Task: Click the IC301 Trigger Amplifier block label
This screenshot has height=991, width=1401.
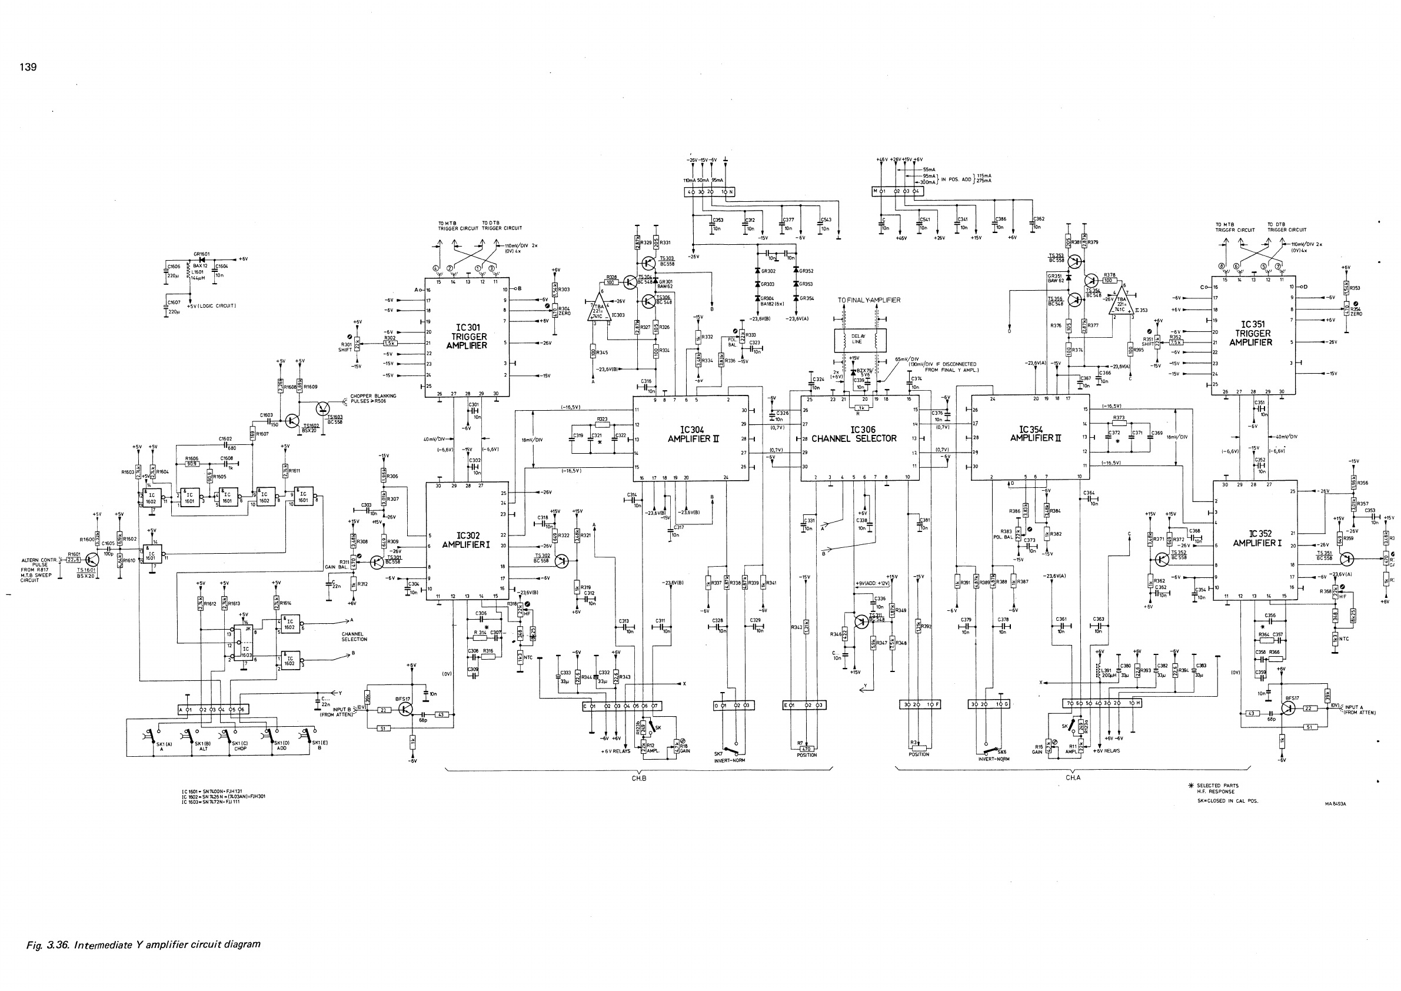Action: (467, 336)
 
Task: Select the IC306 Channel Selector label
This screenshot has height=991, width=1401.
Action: (854, 434)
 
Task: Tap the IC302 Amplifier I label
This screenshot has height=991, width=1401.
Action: (467, 541)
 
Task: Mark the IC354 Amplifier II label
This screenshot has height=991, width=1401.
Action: (1031, 434)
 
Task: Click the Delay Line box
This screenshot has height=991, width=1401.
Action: (857, 340)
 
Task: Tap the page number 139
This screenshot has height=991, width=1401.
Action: (28, 67)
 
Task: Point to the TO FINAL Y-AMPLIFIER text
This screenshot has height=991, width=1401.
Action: (868, 300)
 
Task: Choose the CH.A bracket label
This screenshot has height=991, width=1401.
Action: (1073, 778)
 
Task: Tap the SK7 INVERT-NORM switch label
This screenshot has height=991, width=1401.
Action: (730, 757)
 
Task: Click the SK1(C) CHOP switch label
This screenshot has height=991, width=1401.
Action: (240, 746)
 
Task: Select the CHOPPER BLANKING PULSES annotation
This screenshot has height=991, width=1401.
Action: (374, 399)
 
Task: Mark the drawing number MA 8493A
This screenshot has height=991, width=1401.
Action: (1336, 804)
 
